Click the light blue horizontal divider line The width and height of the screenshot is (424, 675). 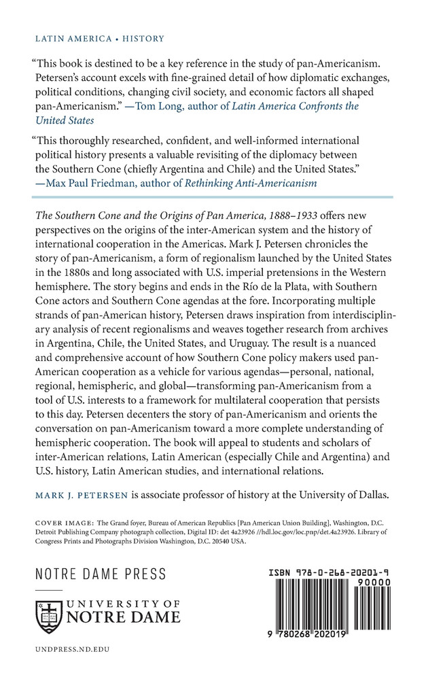[212, 198]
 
